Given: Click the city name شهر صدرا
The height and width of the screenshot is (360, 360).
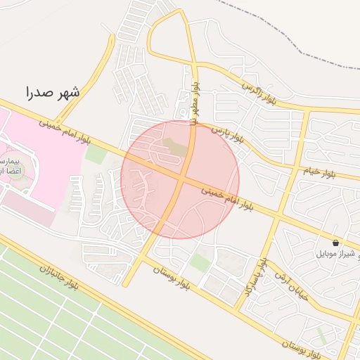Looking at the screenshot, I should [x=53, y=91].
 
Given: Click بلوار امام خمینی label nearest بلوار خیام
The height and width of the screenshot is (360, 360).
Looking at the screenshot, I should [x=227, y=196].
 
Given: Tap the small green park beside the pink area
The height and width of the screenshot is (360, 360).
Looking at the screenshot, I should [x=96, y=154].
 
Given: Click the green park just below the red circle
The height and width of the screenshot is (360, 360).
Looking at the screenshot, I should [x=200, y=262].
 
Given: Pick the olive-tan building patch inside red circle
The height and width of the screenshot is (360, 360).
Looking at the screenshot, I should [x=176, y=147].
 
